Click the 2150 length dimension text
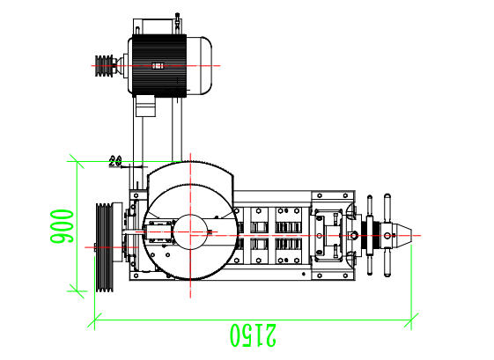[x=253, y=334]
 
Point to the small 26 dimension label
[x=114, y=160]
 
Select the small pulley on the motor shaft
[x=106, y=64]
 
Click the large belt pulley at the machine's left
[x=106, y=247]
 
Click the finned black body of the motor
[x=159, y=64]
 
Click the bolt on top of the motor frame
[x=178, y=17]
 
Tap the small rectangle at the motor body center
[x=158, y=65]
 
